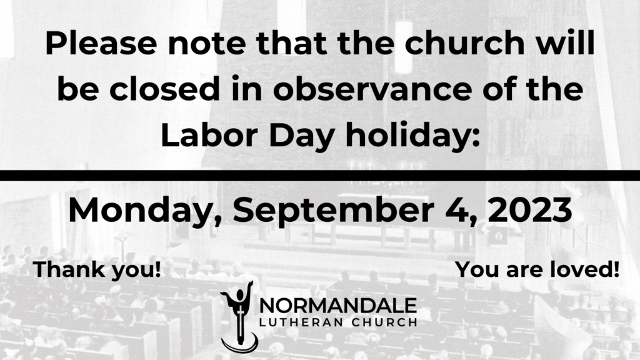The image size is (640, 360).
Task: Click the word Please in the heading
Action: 101,43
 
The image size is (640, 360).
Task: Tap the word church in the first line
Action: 464,43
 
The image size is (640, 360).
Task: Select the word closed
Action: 164,89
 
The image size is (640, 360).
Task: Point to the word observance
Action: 372,89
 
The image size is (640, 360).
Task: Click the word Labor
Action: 209,135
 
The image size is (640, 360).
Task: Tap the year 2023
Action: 530,210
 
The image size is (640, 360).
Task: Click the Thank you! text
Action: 97,270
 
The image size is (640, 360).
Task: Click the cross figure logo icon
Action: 240,317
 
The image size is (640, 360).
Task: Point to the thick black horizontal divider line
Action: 320,176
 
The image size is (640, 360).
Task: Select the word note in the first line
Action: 207,44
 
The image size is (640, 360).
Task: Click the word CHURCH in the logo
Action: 384,322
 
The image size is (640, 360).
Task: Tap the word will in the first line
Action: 565,43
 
